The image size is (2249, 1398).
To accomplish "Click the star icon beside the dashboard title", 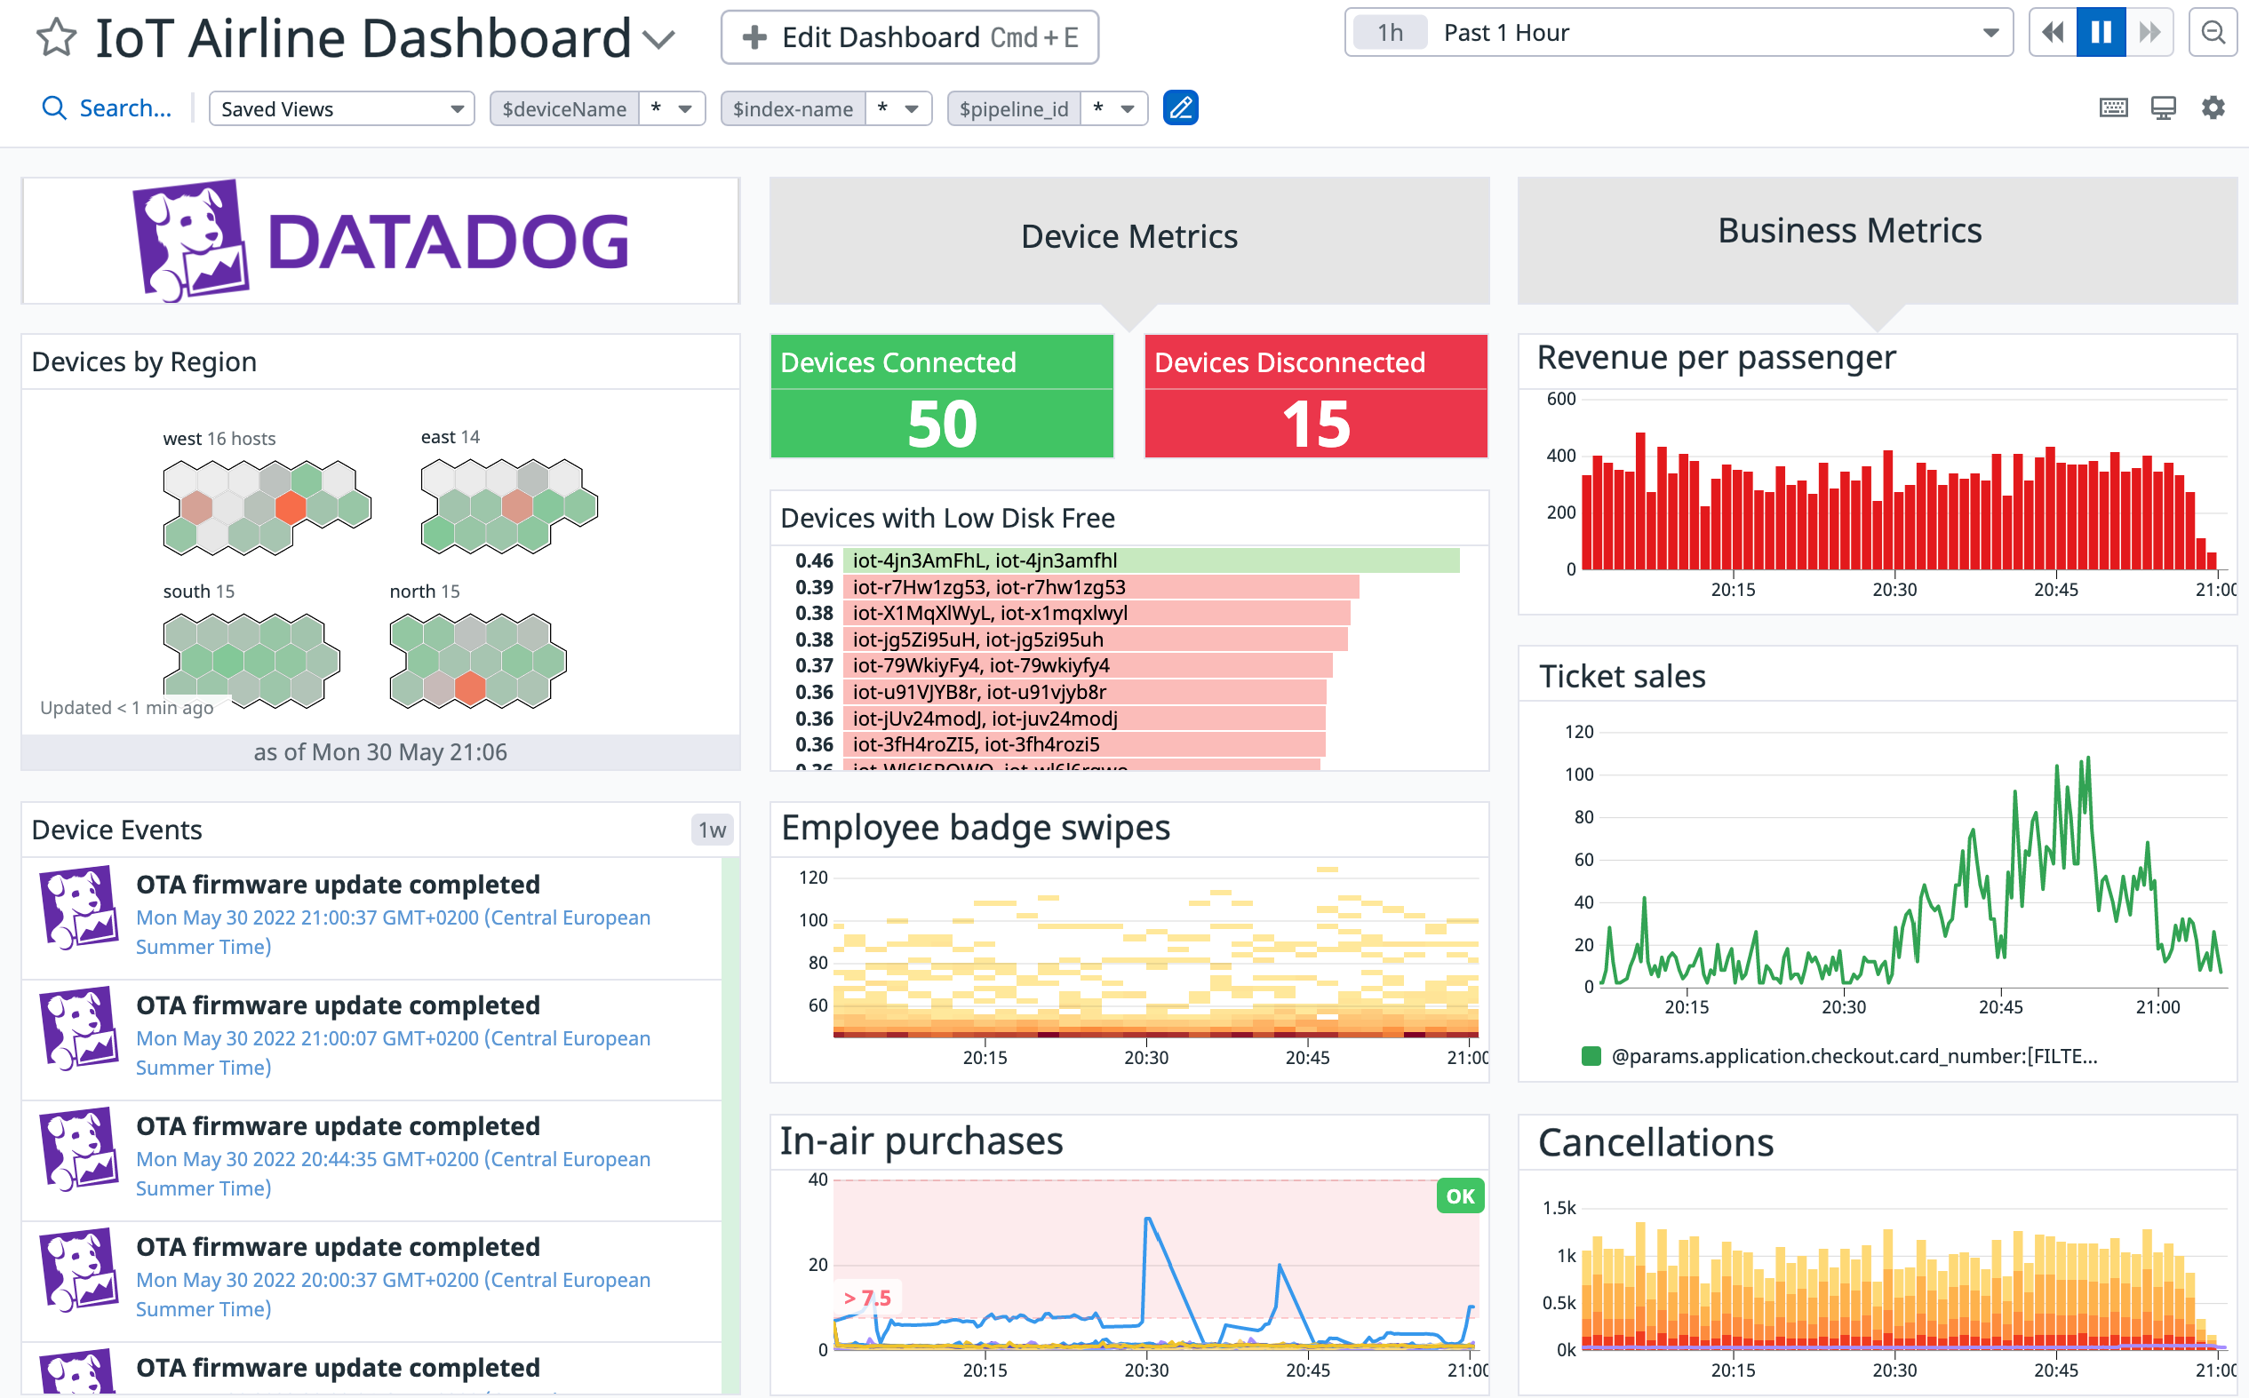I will (56, 38).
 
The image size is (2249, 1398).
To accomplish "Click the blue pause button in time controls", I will (2100, 33).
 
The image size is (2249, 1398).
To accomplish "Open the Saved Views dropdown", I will (341, 109).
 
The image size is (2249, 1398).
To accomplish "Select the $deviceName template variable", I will (564, 109).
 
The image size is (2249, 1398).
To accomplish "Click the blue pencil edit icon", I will (1180, 108).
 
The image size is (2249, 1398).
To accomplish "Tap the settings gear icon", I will (2212, 108).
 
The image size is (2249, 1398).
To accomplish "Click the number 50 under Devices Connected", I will (941, 425).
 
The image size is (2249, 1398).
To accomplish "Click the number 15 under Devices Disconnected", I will (1315, 425).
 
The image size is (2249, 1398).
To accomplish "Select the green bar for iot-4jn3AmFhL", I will (1151, 560).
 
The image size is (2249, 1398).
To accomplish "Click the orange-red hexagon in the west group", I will (291, 506).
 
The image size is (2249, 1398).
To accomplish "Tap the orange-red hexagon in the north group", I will (471, 689).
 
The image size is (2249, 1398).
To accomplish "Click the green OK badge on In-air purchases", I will (1459, 1196).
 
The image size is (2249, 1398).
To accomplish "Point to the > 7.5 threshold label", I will (867, 1299).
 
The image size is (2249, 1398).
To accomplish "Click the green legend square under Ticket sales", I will (1591, 1056).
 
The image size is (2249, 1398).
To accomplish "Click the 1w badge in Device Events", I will (711, 830).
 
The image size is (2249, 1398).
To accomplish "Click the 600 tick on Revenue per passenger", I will (1561, 400).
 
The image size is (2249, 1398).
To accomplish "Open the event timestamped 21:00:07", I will (393, 1038).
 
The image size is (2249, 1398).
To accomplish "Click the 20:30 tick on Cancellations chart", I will (1894, 1370).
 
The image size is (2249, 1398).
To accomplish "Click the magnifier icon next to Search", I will (54, 109).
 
